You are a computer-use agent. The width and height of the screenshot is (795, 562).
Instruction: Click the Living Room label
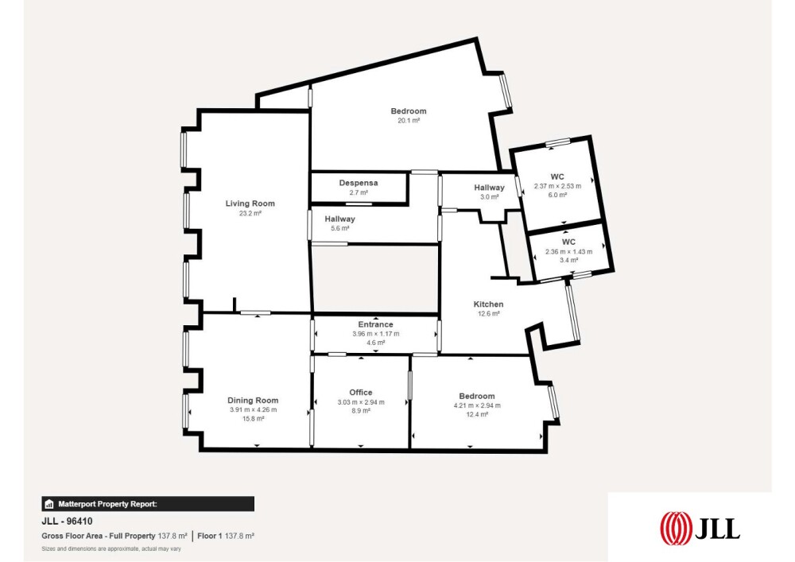pyautogui.click(x=250, y=203)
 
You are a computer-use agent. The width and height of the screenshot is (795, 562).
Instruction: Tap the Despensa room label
pyautogui.click(x=359, y=183)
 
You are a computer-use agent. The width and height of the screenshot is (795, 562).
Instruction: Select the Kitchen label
pyautogui.click(x=488, y=304)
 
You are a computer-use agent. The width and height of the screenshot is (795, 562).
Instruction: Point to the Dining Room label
pyautogui.click(x=253, y=401)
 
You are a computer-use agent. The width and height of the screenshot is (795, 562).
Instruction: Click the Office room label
pyautogui.click(x=360, y=392)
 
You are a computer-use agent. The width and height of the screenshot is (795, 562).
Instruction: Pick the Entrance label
pyautogui.click(x=376, y=324)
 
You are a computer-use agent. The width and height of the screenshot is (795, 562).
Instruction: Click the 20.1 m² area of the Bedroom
pyautogui.click(x=409, y=121)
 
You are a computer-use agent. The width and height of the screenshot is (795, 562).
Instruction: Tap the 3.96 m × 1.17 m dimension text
pyautogui.click(x=376, y=334)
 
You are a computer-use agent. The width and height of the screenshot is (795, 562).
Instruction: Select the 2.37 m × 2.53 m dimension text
pyautogui.click(x=557, y=186)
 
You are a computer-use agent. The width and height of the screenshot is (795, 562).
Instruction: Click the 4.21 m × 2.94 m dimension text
pyautogui.click(x=476, y=405)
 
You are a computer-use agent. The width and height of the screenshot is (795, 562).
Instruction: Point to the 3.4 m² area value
pyautogui.click(x=568, y=261)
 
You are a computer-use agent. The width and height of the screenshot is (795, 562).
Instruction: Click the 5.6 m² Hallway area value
pyautogui.click(x=339, y=229)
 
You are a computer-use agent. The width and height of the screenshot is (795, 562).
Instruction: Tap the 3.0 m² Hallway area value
pyautogui.click(x=489, y=197)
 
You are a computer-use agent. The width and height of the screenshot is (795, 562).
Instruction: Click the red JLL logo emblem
pyautogui.click(x=676, y=529)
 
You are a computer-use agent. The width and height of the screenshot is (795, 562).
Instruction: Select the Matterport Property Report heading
pyautogui.click(x=107, y=504)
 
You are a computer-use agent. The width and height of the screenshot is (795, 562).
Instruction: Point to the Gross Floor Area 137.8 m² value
pyautogui.click(x=173, y=536)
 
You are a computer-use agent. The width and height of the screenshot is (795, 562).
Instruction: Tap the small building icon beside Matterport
pyautogui.click(x=49, y=504)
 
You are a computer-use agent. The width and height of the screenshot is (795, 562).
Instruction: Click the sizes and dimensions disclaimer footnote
pyautogui.click(x=111, y=548)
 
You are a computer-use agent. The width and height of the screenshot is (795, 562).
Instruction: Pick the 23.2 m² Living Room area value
pyautogui.click(x=250, y=213)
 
